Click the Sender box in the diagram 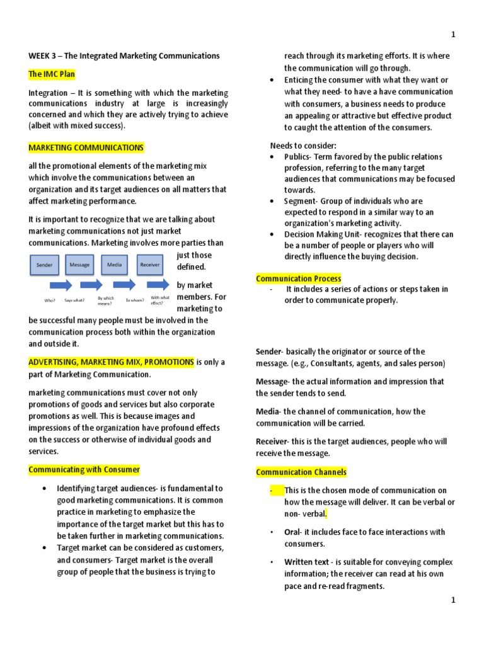(x=45, y=265)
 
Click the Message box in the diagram (x=79, y=265)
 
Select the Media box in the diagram (x=114, y=265)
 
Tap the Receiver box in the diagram (x=149, y=265)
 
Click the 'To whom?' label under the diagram (x=135, y=300)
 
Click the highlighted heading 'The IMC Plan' (x=52, y=74)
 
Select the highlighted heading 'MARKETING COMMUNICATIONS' (x=86, y=148)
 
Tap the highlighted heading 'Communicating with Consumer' (x=84, y=470)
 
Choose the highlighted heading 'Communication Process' (x=298, y=278)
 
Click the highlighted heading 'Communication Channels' (x=301, y=472)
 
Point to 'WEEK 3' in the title (x=44, y=56)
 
